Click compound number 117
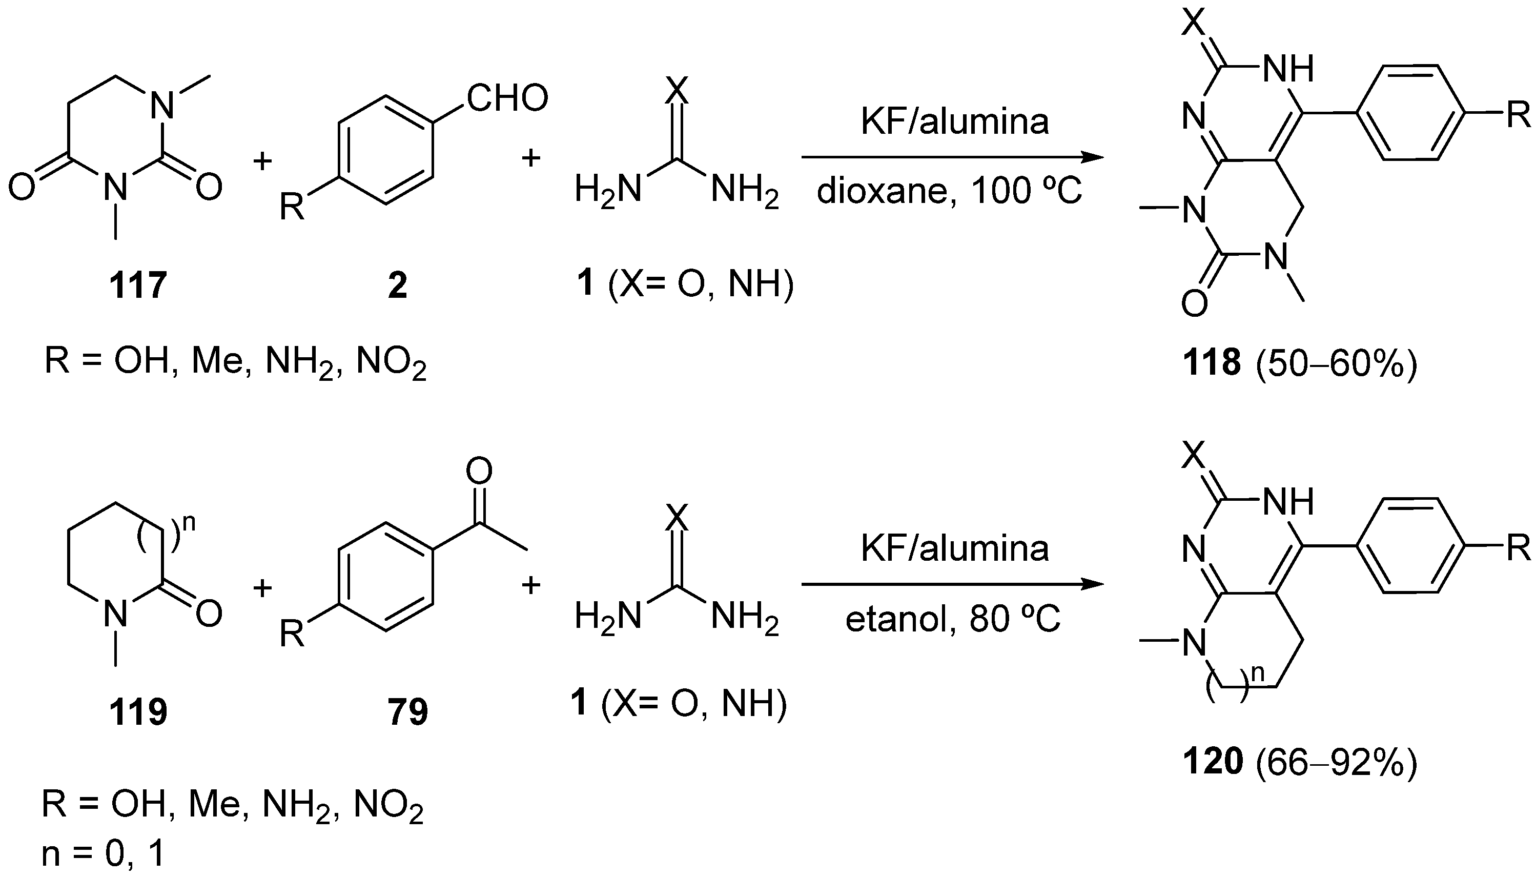click(137, 284)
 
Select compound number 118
click(1212, 363)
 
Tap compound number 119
click(137, 711)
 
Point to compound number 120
click(1212, 761)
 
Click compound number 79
click(407, 711)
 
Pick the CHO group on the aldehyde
click(507, 98)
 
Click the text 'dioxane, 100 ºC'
click(950, 192)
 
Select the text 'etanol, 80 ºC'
click(952, 619)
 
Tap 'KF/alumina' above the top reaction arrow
click(954, 122)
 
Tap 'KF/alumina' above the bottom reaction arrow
click(954, 549)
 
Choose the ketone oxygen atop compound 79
click(479, 472)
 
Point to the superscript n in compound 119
click(189, 523)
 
